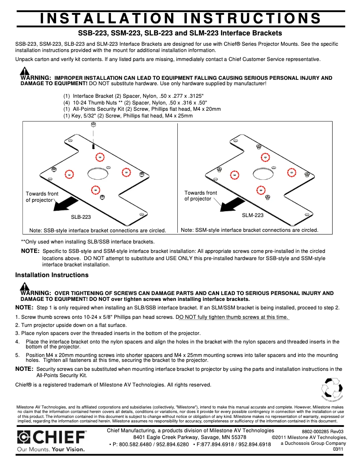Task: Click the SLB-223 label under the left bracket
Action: click(81, 217)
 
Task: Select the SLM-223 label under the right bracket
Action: click(253, 215)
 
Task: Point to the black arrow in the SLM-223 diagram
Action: click(230, 206)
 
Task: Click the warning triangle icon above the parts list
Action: click(25, 71)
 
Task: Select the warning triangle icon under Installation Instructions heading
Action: click(25, 287)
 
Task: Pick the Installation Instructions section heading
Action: click(52, 275)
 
